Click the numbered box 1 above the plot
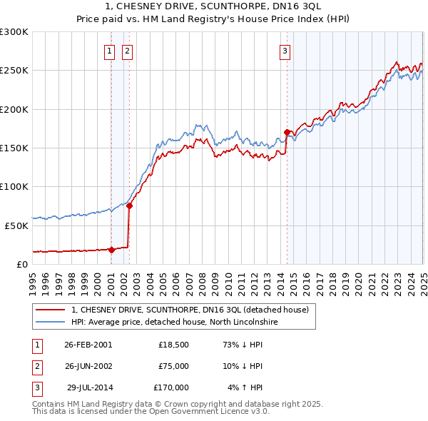[x=111, y=51]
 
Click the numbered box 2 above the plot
[x=127, y=51]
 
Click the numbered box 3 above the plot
[x=285, y=51]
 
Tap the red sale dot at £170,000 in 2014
[x=287, y=132]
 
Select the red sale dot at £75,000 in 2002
[x=130, y=206]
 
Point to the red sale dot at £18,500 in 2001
[x=112, y=250]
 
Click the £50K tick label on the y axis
[x=16, y=225]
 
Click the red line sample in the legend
[x=50, y=310]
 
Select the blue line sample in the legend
[x=50, y=323]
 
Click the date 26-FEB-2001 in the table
[x=88, y=345]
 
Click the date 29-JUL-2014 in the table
[x=89, y=387]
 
